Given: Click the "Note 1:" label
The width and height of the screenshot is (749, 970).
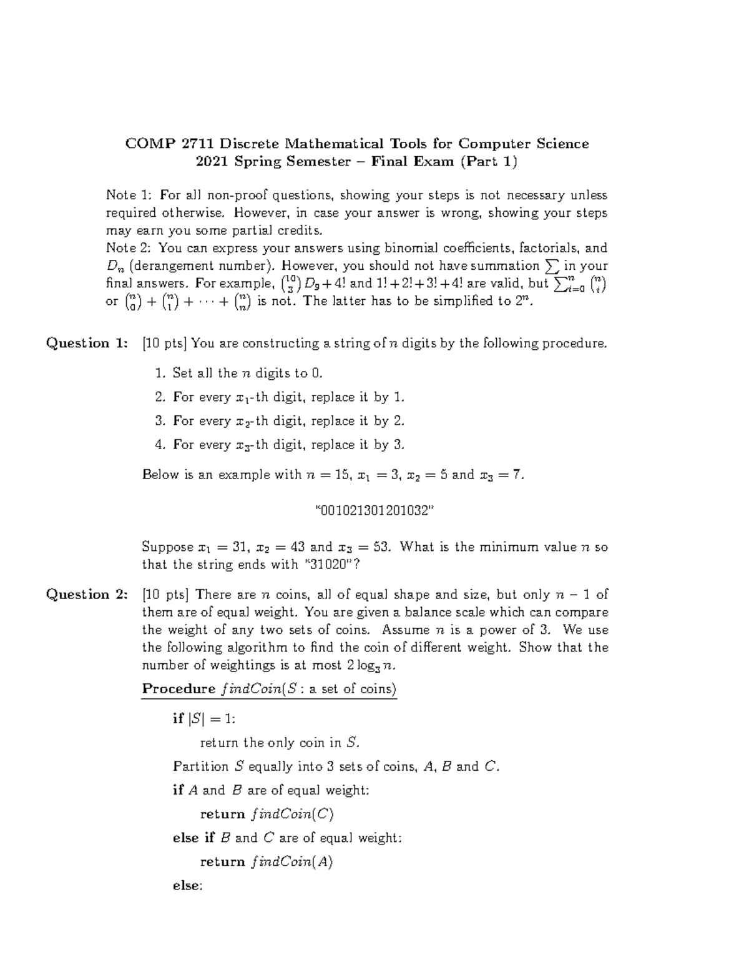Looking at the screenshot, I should click(x=127, y=195).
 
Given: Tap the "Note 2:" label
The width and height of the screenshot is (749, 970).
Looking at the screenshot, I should click(x=127, y=248).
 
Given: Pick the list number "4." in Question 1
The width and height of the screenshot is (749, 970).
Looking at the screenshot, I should click(x=160, y=445).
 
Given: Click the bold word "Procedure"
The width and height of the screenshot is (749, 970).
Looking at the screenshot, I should click(x=179, y=689).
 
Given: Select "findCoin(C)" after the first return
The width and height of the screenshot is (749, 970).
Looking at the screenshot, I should click(x=292, y=814).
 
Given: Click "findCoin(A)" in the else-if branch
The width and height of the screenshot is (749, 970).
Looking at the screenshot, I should click(x=291, y=862).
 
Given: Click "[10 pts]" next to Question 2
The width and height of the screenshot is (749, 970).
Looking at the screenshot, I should click(x=165, y=595).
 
